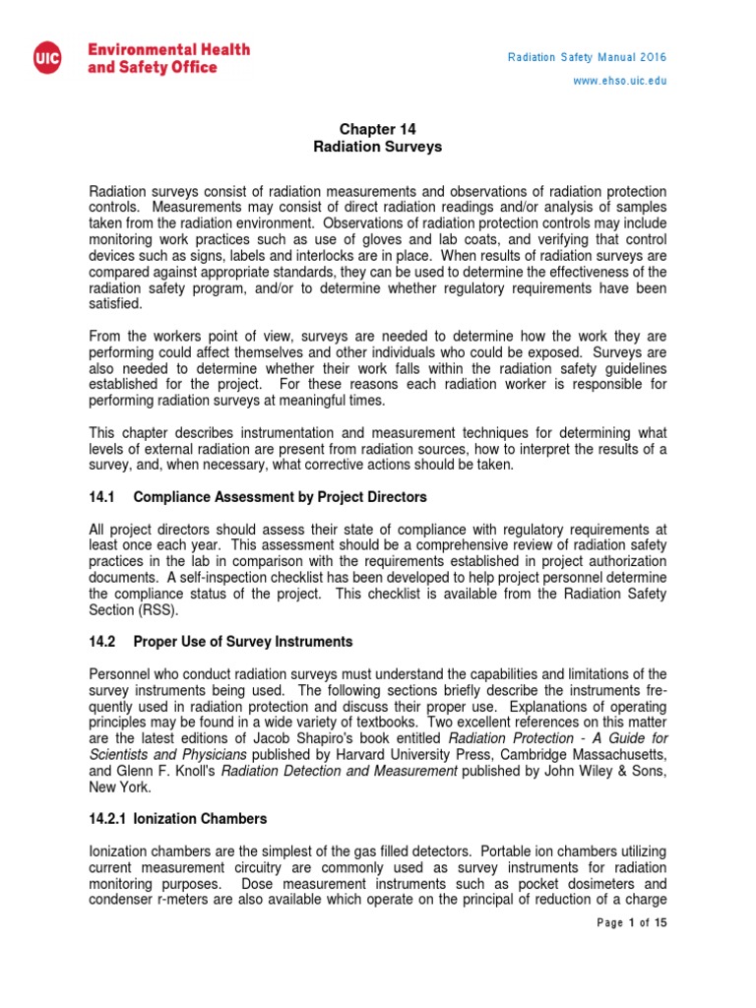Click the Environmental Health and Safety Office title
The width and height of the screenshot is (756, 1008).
(x=169, y=57)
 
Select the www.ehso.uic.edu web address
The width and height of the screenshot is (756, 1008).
(x=620, y=81)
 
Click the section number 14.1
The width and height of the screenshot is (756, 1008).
(x=102, y=496)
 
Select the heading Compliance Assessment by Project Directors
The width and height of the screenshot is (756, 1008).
(x=280, y=496)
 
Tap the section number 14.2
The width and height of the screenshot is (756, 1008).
(x=102, y=642)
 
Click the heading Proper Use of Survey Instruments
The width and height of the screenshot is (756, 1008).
(x=242, y=642)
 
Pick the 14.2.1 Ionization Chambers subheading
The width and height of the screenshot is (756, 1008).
(x=178, y=818)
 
